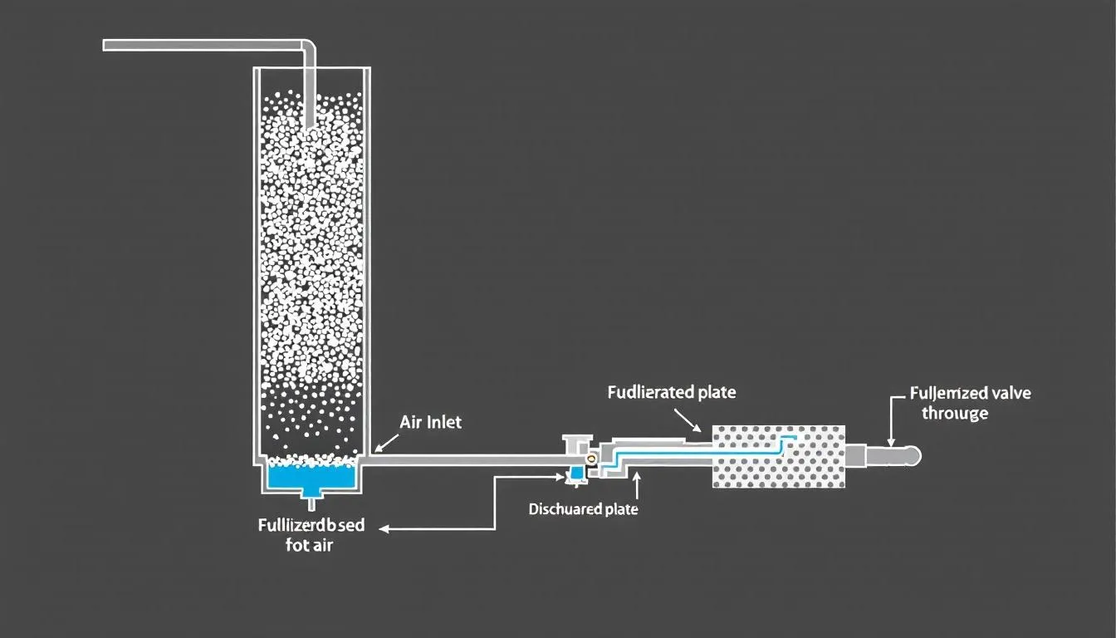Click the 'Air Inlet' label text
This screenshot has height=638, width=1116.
(430, 422)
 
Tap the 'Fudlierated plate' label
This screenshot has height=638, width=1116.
(672, 392)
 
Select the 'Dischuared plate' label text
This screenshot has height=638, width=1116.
(583, 509)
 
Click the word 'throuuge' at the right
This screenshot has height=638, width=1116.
(955, 413)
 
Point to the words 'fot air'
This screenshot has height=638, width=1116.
(304, 546)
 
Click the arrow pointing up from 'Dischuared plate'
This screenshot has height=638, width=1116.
(635, 483)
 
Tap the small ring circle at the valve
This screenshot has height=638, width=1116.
(590, 458)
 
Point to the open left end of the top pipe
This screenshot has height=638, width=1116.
(106, 45)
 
